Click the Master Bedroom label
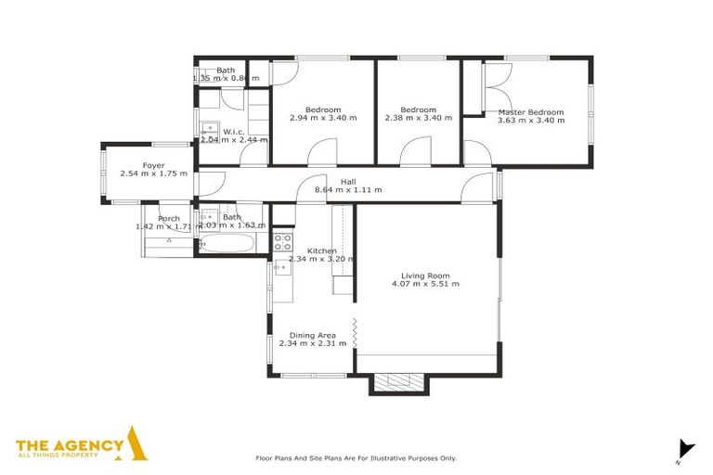coord(530,112)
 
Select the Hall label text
coord(348,182)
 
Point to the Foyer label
coord(153,166)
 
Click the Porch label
coord(169,219)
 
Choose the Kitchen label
coord(321,251)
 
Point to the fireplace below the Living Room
coord(399,381)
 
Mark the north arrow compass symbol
coord(685,449)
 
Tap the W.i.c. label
coord(233,132)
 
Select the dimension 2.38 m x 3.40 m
coord(418,119)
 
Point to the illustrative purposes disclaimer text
coord(356,458)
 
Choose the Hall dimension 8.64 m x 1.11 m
coord(348,190)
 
